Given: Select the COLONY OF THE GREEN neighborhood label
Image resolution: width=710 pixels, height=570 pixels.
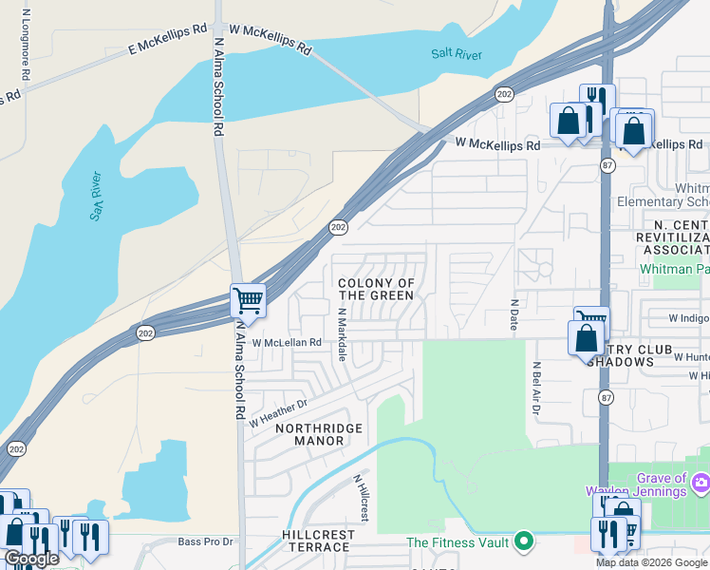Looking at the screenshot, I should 377,290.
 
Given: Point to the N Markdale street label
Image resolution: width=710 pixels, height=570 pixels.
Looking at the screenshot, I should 341,332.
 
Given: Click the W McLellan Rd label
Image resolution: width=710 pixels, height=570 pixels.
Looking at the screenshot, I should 286,342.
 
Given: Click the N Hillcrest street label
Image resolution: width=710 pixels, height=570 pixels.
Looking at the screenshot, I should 361,499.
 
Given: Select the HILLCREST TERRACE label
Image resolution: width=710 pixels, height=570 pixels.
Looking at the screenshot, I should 318,541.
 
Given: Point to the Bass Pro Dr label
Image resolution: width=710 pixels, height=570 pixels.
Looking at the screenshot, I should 205,542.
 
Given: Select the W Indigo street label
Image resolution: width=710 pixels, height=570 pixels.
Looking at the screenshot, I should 688,318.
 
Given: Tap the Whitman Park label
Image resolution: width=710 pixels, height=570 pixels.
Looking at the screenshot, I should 675,270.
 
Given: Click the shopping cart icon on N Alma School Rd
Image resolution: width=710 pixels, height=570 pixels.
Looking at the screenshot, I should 248,301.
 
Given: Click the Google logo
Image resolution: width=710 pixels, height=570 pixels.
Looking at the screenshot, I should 31,559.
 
